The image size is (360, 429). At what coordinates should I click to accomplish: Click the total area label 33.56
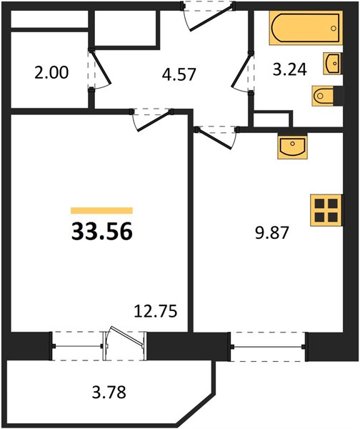[x=102, y=232]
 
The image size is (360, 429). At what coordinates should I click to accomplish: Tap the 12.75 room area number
[x=156, y=312]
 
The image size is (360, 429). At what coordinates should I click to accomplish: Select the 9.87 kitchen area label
[x=271, y=233]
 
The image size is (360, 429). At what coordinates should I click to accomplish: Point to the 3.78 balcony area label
[x=109, y=392]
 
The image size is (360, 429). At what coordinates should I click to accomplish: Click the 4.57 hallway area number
[x=179, y=74]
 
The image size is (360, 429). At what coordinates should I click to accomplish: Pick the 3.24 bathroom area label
[x=290, y=69]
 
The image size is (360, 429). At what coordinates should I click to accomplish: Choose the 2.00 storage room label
[x=51, y=73]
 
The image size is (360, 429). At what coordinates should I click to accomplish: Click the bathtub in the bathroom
[x=306, y=28]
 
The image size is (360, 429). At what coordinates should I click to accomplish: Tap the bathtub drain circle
[x=333, y=29]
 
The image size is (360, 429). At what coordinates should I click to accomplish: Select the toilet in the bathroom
[x=324, y=96]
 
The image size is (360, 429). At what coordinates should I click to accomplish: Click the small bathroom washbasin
[x=332, y=63]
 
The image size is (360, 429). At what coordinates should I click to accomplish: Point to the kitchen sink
[x=292, y=147]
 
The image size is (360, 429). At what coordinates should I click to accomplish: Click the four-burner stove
[x=326, y=210]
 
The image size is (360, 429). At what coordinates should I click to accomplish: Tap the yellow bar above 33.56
[x=101, y=210]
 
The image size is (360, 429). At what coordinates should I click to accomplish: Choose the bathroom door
[x=242, y=72]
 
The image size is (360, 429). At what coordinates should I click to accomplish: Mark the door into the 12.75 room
[x=151, y=120]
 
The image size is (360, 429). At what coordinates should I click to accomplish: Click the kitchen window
[x=267, y=347]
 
